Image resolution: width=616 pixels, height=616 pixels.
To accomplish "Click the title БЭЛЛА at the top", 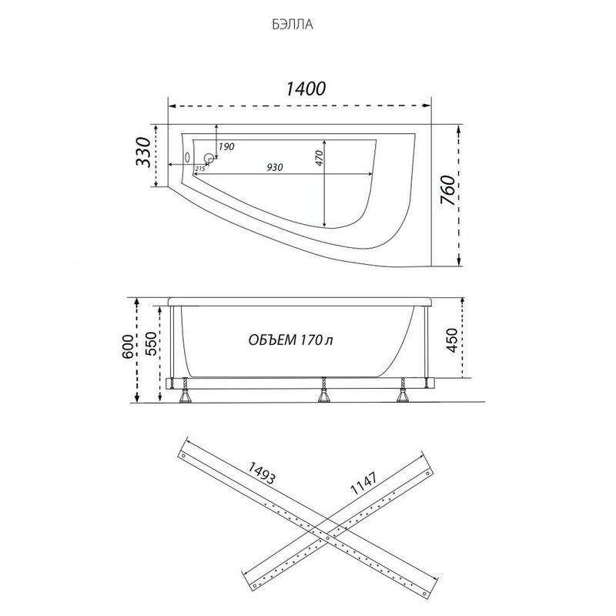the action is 293,25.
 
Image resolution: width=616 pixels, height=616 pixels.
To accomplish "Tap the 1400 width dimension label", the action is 305,89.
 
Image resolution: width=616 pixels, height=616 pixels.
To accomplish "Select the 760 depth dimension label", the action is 448,190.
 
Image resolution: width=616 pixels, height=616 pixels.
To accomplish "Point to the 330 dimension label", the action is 143,152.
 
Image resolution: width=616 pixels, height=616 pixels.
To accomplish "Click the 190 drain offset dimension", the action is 226,146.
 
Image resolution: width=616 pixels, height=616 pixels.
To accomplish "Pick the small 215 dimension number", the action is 200,169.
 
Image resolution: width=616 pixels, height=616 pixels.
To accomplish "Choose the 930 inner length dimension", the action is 275,167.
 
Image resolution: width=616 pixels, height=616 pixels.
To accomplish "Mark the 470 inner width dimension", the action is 319,158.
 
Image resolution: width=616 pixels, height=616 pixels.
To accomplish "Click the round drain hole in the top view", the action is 209,159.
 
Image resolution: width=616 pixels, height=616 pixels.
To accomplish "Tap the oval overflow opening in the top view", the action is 187,157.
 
